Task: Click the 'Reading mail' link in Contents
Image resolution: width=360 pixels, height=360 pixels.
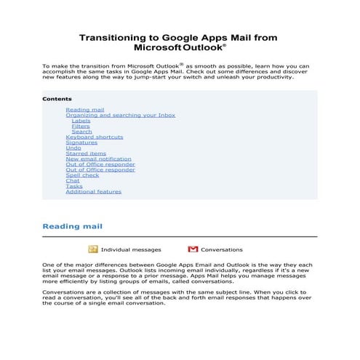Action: click(84, 110)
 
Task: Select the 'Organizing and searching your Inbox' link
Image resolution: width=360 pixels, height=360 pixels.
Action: click(120, 115)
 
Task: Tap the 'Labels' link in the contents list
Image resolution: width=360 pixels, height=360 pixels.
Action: click(81, 121)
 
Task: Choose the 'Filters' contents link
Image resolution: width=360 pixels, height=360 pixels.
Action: click(81, 126)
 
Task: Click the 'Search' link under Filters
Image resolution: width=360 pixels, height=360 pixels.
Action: click(81, 132)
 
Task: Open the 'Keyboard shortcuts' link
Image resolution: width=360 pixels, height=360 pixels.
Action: click(94, 137)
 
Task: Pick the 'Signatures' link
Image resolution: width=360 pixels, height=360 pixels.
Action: click(81, 143)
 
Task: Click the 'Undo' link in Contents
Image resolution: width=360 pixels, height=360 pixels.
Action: click(73, 148)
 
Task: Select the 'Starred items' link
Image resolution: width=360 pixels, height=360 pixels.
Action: click(86, 153)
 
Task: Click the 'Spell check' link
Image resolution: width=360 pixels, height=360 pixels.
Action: click(82, 175)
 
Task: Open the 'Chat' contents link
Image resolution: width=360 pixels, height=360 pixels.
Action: click(73, 180)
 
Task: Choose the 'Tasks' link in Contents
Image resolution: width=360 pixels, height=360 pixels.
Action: click(74, 186)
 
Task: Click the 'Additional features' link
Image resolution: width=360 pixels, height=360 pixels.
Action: click(93, 191)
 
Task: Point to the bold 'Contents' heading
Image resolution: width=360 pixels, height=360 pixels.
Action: click(57, 99)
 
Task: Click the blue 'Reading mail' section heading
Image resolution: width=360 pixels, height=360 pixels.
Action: click(72, 226)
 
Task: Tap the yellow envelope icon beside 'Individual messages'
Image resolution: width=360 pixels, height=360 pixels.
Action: click(93, 249)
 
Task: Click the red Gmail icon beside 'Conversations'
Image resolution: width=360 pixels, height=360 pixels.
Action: click(193, 249)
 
